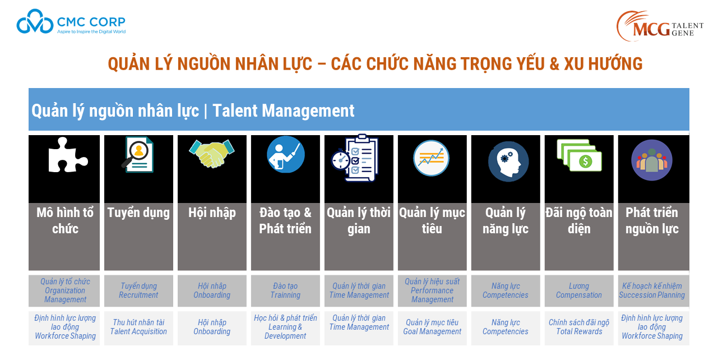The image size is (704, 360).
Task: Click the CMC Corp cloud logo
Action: [x=35, y=21]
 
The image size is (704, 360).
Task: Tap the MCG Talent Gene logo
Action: [x=659, y=26]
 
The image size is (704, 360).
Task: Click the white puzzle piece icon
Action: [x=68, y=155]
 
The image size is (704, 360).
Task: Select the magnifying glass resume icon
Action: [x=138, y=154]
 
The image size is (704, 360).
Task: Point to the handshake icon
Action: [x=212, y=154]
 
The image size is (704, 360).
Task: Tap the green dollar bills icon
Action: [x=579, y=155]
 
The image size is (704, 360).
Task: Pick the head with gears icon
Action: [x=508, y=161]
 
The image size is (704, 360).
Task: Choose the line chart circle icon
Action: [x=431, y=158]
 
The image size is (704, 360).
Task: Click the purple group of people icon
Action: [x=651, y=160]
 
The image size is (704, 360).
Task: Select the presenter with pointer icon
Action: [x=286, y=154]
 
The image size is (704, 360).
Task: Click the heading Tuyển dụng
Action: [x=138, y=213]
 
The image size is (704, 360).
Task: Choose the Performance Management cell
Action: [x=432, y=290]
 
